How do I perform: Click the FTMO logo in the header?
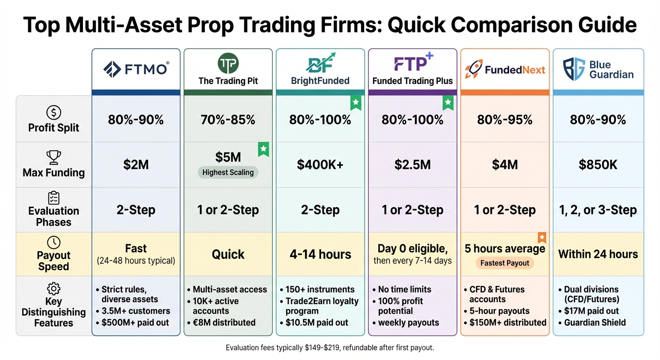(x=135, y=69)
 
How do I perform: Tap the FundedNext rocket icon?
(x=473, y=69)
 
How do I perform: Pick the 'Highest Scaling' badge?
(x=228, y=172)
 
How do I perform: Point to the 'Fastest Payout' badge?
(x=504, y=263)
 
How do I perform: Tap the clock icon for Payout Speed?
(x=54, y=242)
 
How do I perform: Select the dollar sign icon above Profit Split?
(x=54, y=112)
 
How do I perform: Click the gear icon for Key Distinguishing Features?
(x=54, y=288)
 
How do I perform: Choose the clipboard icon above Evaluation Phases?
(x=54, y=197)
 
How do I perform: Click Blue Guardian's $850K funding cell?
(x=598, y=165)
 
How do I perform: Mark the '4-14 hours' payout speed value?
(x=320, y=255)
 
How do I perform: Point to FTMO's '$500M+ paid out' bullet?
(x=135, y=322)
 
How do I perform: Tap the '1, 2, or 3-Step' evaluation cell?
(x=598, y=210)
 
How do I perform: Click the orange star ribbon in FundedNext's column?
(x=541, y=238)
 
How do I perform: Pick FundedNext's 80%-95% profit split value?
(x=504, y=120)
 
